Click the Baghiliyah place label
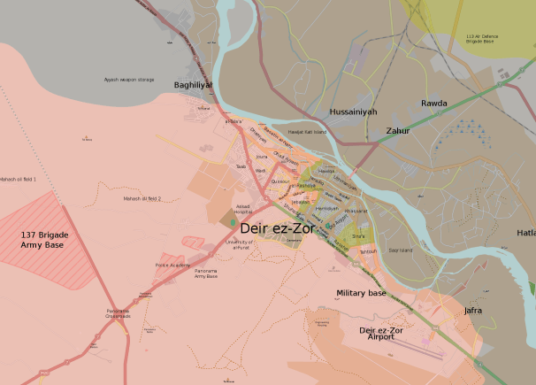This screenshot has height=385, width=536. pyautogui.click(x=193, y=85)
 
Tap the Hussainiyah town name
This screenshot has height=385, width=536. pyautogui.click(x=352, y=112)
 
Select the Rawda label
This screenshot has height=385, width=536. pyautogui.click(x=434, y=104)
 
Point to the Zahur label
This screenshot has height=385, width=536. pyautogui.click(x=398, y=131)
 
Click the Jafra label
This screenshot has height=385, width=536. pyautogui.click(x=473, y=311)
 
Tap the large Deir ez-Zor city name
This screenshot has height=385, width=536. pyautogui.click(x=278, y=228)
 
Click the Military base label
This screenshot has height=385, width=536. pyautogui.click(x=361, y=293)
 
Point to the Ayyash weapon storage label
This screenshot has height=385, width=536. pyautogui.click(x=128, y=80)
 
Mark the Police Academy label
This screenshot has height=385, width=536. pyautogui.click(x=172, y=265)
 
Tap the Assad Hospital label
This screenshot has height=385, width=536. pyautogui.click(x=243, y=209)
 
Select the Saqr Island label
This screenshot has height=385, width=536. pyautogui.click(x=401, y=250)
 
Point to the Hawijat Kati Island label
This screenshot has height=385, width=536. pyautogui.click(x=307, y=132)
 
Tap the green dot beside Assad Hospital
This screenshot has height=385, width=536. pyautogui.click(x=234, y=221)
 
